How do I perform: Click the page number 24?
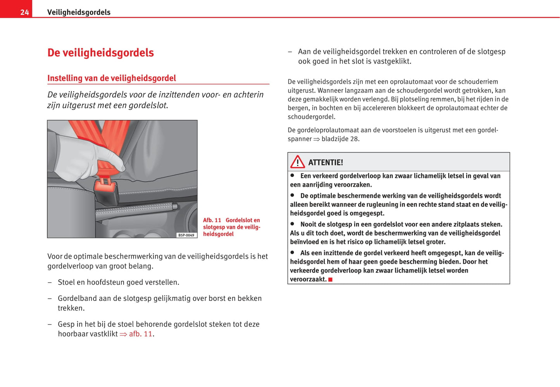(24, 12)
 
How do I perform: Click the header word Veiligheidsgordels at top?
(79, 12)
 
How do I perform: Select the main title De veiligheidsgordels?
(100, 53)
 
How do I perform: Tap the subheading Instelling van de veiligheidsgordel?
(112, 78)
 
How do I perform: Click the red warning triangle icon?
(298, 162)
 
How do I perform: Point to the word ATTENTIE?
(326, 162)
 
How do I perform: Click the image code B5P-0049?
(186, 235)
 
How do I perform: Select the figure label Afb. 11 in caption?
(212, 220)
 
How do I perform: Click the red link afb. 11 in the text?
(141, 334)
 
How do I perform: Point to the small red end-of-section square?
(331, 280)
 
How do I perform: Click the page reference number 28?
(354, 139)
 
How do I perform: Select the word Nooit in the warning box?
(308, 225)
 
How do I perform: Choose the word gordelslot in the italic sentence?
(148, 105)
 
